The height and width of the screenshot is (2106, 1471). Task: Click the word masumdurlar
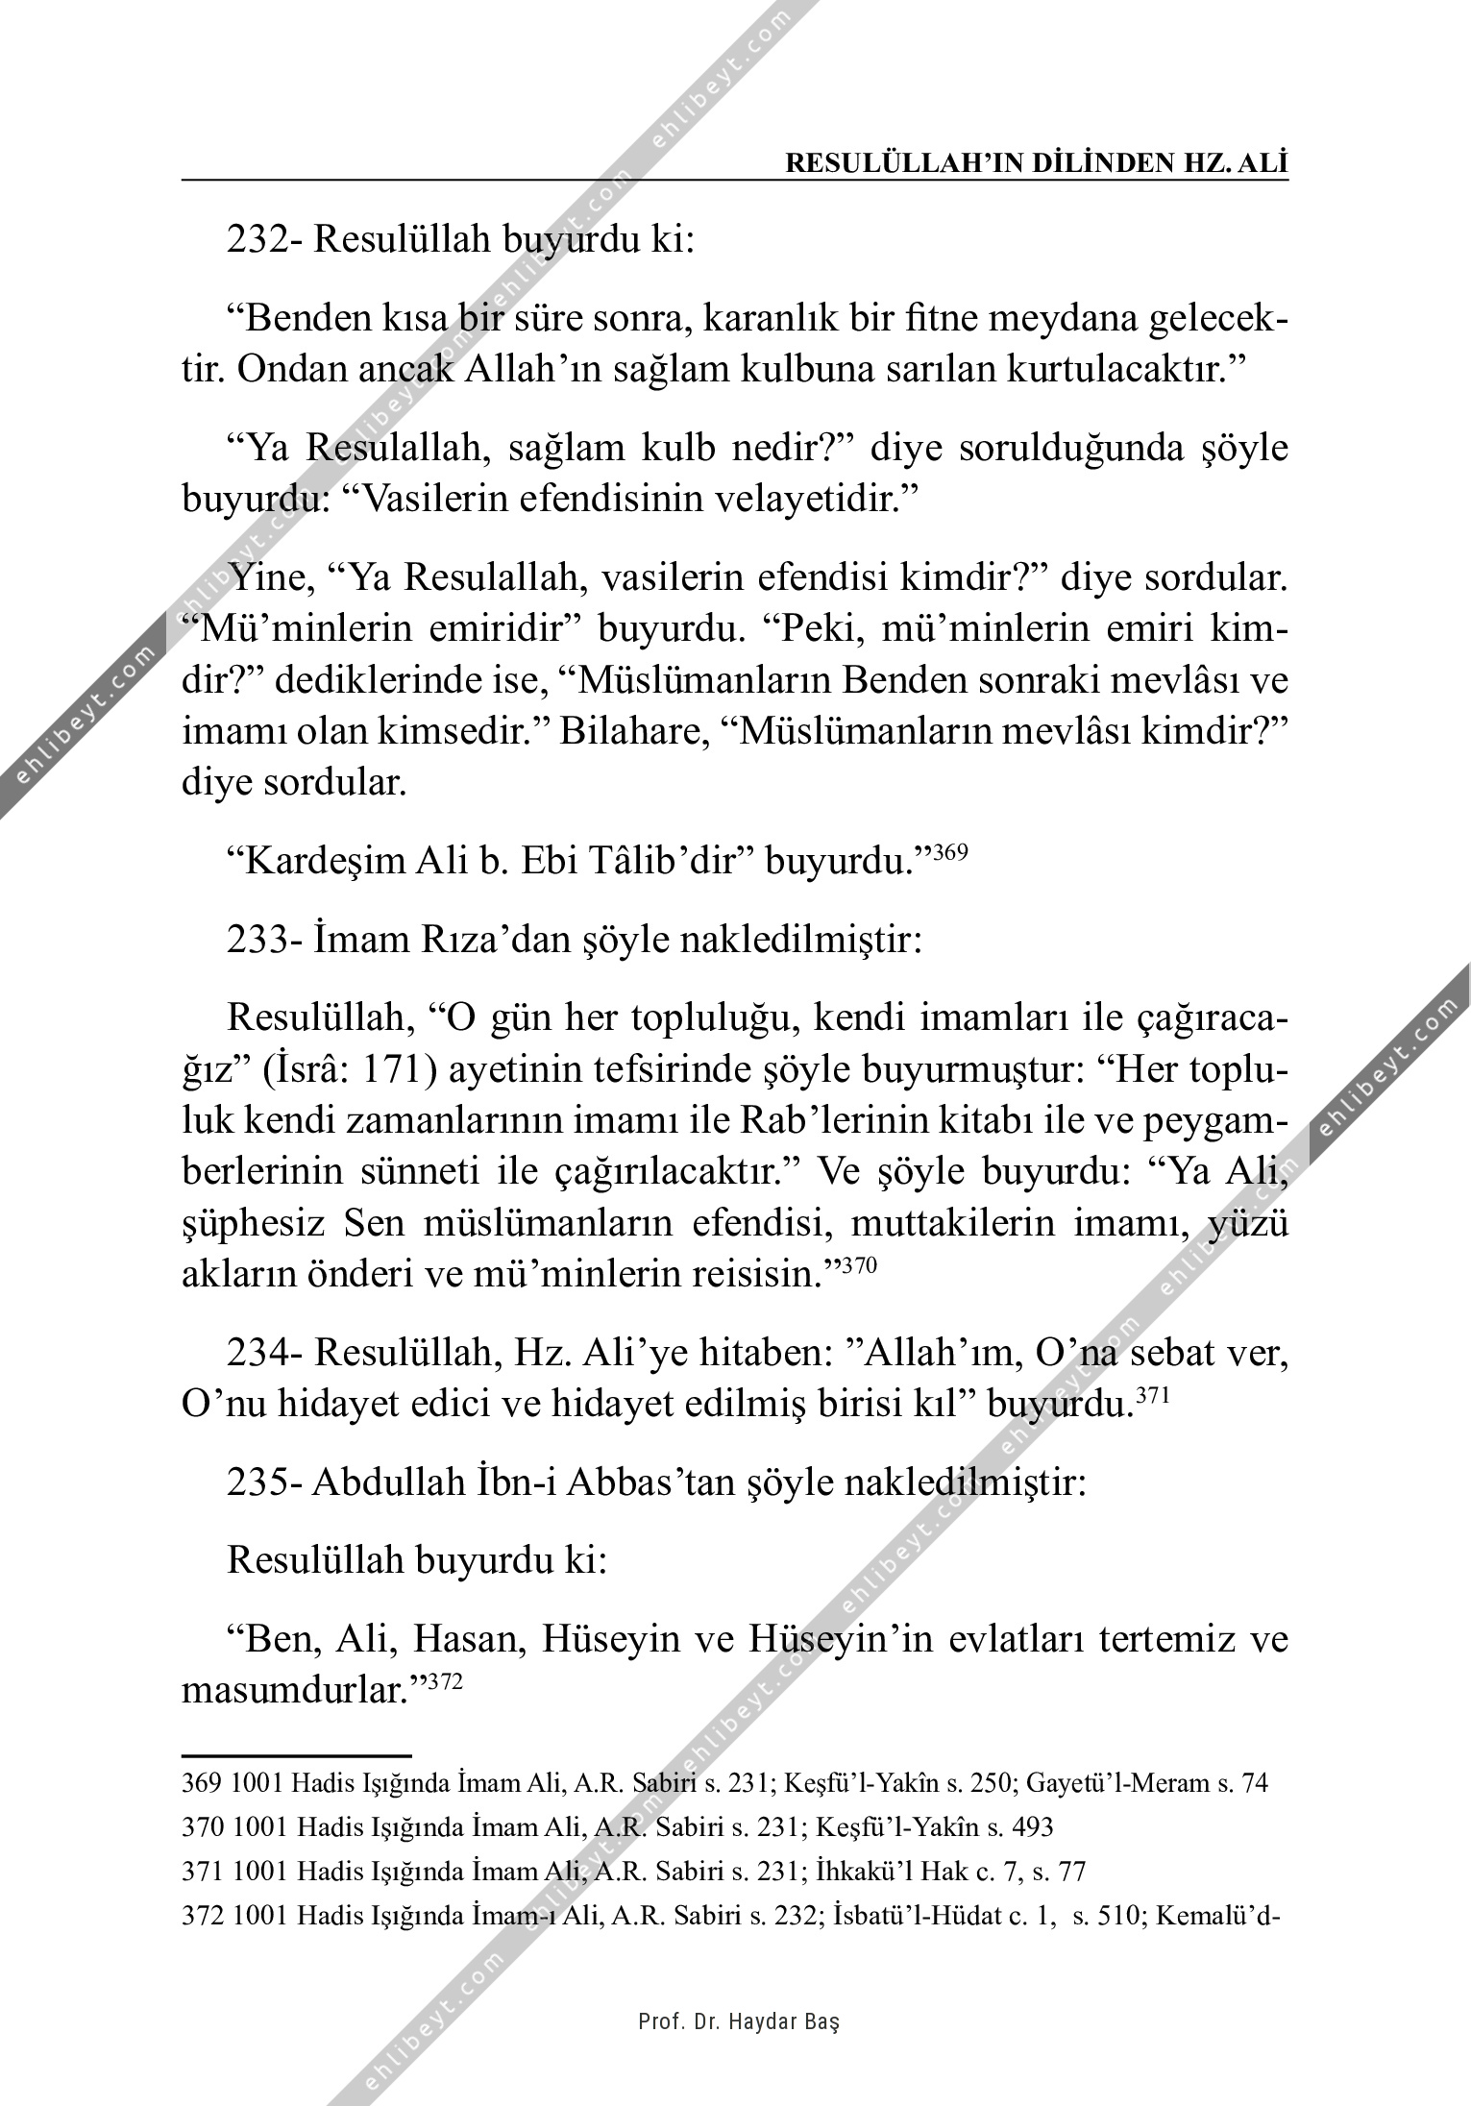click(x=298, y=1716)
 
